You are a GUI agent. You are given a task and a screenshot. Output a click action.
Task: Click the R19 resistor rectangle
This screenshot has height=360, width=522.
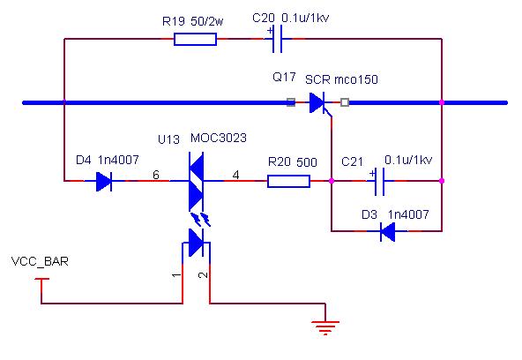[195, 39]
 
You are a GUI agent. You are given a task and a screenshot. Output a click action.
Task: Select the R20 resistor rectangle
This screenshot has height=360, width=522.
[288, 181]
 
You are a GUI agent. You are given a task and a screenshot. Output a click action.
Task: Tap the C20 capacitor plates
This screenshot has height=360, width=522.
[277, 39]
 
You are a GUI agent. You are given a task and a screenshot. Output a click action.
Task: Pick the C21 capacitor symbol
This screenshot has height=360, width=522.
[379, 182]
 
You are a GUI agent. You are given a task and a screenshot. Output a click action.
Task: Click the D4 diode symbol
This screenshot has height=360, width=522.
[104, 181]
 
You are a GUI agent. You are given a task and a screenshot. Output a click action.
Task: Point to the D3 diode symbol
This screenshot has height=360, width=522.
[387, 231]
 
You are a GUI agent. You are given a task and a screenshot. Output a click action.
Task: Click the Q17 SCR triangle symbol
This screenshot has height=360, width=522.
[317, 103]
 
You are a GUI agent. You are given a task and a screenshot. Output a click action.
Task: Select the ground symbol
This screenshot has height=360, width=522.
[325, 327]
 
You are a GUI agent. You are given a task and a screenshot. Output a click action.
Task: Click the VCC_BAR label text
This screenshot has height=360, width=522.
[40, 261]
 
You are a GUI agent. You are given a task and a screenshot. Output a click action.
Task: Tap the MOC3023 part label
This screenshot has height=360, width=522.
[219, 138]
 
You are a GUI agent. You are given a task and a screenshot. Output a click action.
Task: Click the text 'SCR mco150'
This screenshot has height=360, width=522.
[341, 79]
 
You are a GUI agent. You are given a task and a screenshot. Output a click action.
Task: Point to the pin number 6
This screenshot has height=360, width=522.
[156, 175]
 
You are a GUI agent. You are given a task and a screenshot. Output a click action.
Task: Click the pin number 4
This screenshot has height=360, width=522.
[235, 175]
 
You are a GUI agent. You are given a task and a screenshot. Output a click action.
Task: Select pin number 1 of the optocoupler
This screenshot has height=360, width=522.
[176, 275]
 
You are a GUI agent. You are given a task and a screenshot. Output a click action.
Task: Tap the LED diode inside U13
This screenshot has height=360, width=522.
[196, 243]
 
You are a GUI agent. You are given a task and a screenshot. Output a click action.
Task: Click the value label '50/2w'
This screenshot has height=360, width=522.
[206, 21]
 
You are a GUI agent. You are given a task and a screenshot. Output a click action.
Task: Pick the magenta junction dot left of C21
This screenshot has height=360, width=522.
[332, 181]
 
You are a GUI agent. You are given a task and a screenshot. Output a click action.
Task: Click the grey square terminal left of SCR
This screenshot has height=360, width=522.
[291, 102]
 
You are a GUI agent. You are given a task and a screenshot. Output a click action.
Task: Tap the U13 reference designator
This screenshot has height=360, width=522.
[168, 139]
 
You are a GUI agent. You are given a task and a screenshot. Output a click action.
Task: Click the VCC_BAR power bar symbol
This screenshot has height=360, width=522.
[41, 279]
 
